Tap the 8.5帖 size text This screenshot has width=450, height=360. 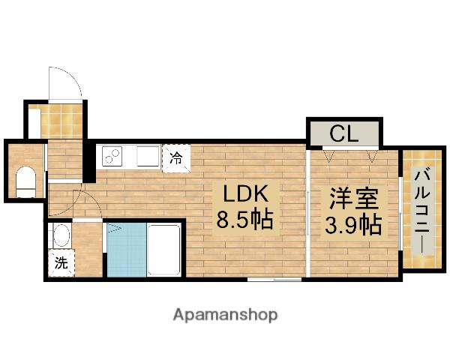(244, 220)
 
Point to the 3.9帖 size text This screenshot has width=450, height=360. (351, 224)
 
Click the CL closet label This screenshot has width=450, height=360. (344, 135)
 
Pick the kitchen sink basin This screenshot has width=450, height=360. (147, 157)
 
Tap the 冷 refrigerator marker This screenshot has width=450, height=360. (175, 158)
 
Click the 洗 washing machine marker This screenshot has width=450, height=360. (61, 263)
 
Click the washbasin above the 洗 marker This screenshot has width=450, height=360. (61, 237)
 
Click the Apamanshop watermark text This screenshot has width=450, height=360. (226, 314)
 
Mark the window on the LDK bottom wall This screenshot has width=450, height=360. (274, 279)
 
